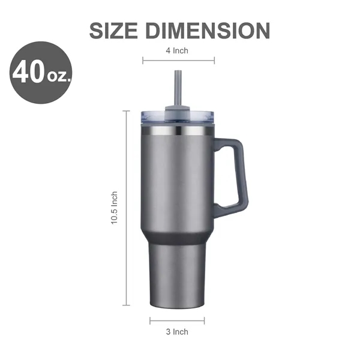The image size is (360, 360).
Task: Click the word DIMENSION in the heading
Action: click(210, 31)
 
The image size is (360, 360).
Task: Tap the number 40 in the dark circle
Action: click(28, 73)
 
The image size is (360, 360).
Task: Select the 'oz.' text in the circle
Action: click(58, 76)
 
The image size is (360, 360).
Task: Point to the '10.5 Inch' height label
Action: click(114, 208)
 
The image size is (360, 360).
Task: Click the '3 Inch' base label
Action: click(177, 332)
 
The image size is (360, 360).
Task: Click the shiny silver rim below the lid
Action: click(178, 130)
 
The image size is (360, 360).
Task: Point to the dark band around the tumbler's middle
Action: click(178, 239)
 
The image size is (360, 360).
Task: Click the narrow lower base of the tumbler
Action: click(178, 276)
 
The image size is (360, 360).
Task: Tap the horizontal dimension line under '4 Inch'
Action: click(178, 60)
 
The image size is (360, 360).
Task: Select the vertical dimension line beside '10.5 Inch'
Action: click(127, 208)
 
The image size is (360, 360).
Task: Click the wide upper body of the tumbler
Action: click(178, 180)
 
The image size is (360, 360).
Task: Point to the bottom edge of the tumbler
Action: click(178, 308)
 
